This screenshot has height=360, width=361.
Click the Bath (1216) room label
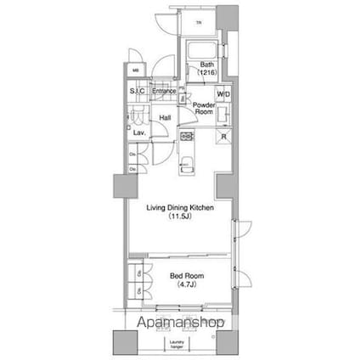point(207,70)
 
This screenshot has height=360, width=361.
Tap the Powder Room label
point(203,109)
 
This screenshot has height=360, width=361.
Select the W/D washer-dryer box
point(223,94)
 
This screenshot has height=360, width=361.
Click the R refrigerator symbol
point(223,138)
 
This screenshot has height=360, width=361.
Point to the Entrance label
point(164,91)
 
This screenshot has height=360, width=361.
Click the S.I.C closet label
point(137,91)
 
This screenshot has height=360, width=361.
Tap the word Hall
point(166,119)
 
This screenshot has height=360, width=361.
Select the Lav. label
point(138,133)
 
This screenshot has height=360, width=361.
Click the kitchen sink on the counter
point(188,160)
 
